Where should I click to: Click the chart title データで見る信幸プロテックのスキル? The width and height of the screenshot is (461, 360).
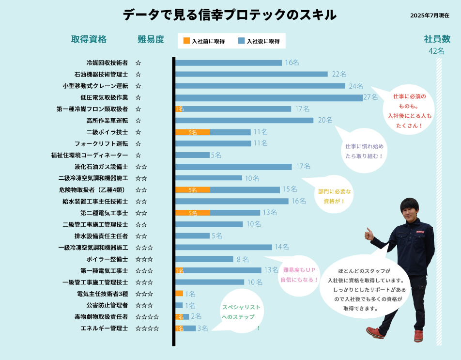pyautogui.click(x=230, y=15)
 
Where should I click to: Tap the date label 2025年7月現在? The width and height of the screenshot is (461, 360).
pyautogui.click(x=430, y=16)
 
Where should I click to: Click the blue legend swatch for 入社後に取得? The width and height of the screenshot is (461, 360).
pyautogui.click(x=242, y=41)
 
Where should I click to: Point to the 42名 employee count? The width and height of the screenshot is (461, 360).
pyautogui.click(x=436, y=51)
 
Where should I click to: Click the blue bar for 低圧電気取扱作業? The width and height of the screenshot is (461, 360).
pyautogui.click(x=269, y=97)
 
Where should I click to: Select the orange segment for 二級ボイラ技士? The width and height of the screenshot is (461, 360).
pyautogui.click(x=193, y=132)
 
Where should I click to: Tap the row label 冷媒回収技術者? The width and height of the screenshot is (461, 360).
pyautogui.click(x=107, y=63)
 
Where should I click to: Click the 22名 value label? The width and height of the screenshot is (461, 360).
pyautogui.click(x=339, y=74)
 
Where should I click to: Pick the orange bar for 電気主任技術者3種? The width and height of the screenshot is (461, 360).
pyautogui.click(x=179, y=294)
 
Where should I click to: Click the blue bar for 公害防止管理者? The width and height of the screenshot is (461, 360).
pyautogui.click(x=179, y=305)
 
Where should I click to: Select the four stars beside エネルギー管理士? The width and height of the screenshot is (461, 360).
pyautogui.click(x=147, y=329)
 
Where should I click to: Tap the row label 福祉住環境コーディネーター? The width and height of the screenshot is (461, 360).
pyautogui.click(x=90, y=155)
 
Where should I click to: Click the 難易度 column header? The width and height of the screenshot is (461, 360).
pyautogui.click(x=151, y=39)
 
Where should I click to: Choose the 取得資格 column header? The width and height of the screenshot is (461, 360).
pyautogui.click(x=89, y=39)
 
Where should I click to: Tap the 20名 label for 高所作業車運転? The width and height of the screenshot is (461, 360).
pyautogui.click(x=325, y=120)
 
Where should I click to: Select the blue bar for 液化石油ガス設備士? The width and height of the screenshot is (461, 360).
pyautogui.click(x=233, y=167)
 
